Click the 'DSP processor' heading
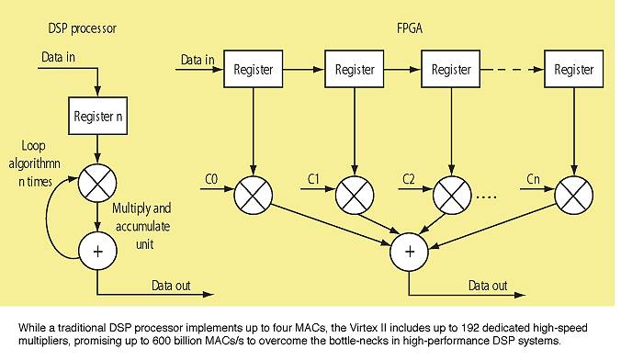(81, 29)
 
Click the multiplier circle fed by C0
(251, 195)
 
